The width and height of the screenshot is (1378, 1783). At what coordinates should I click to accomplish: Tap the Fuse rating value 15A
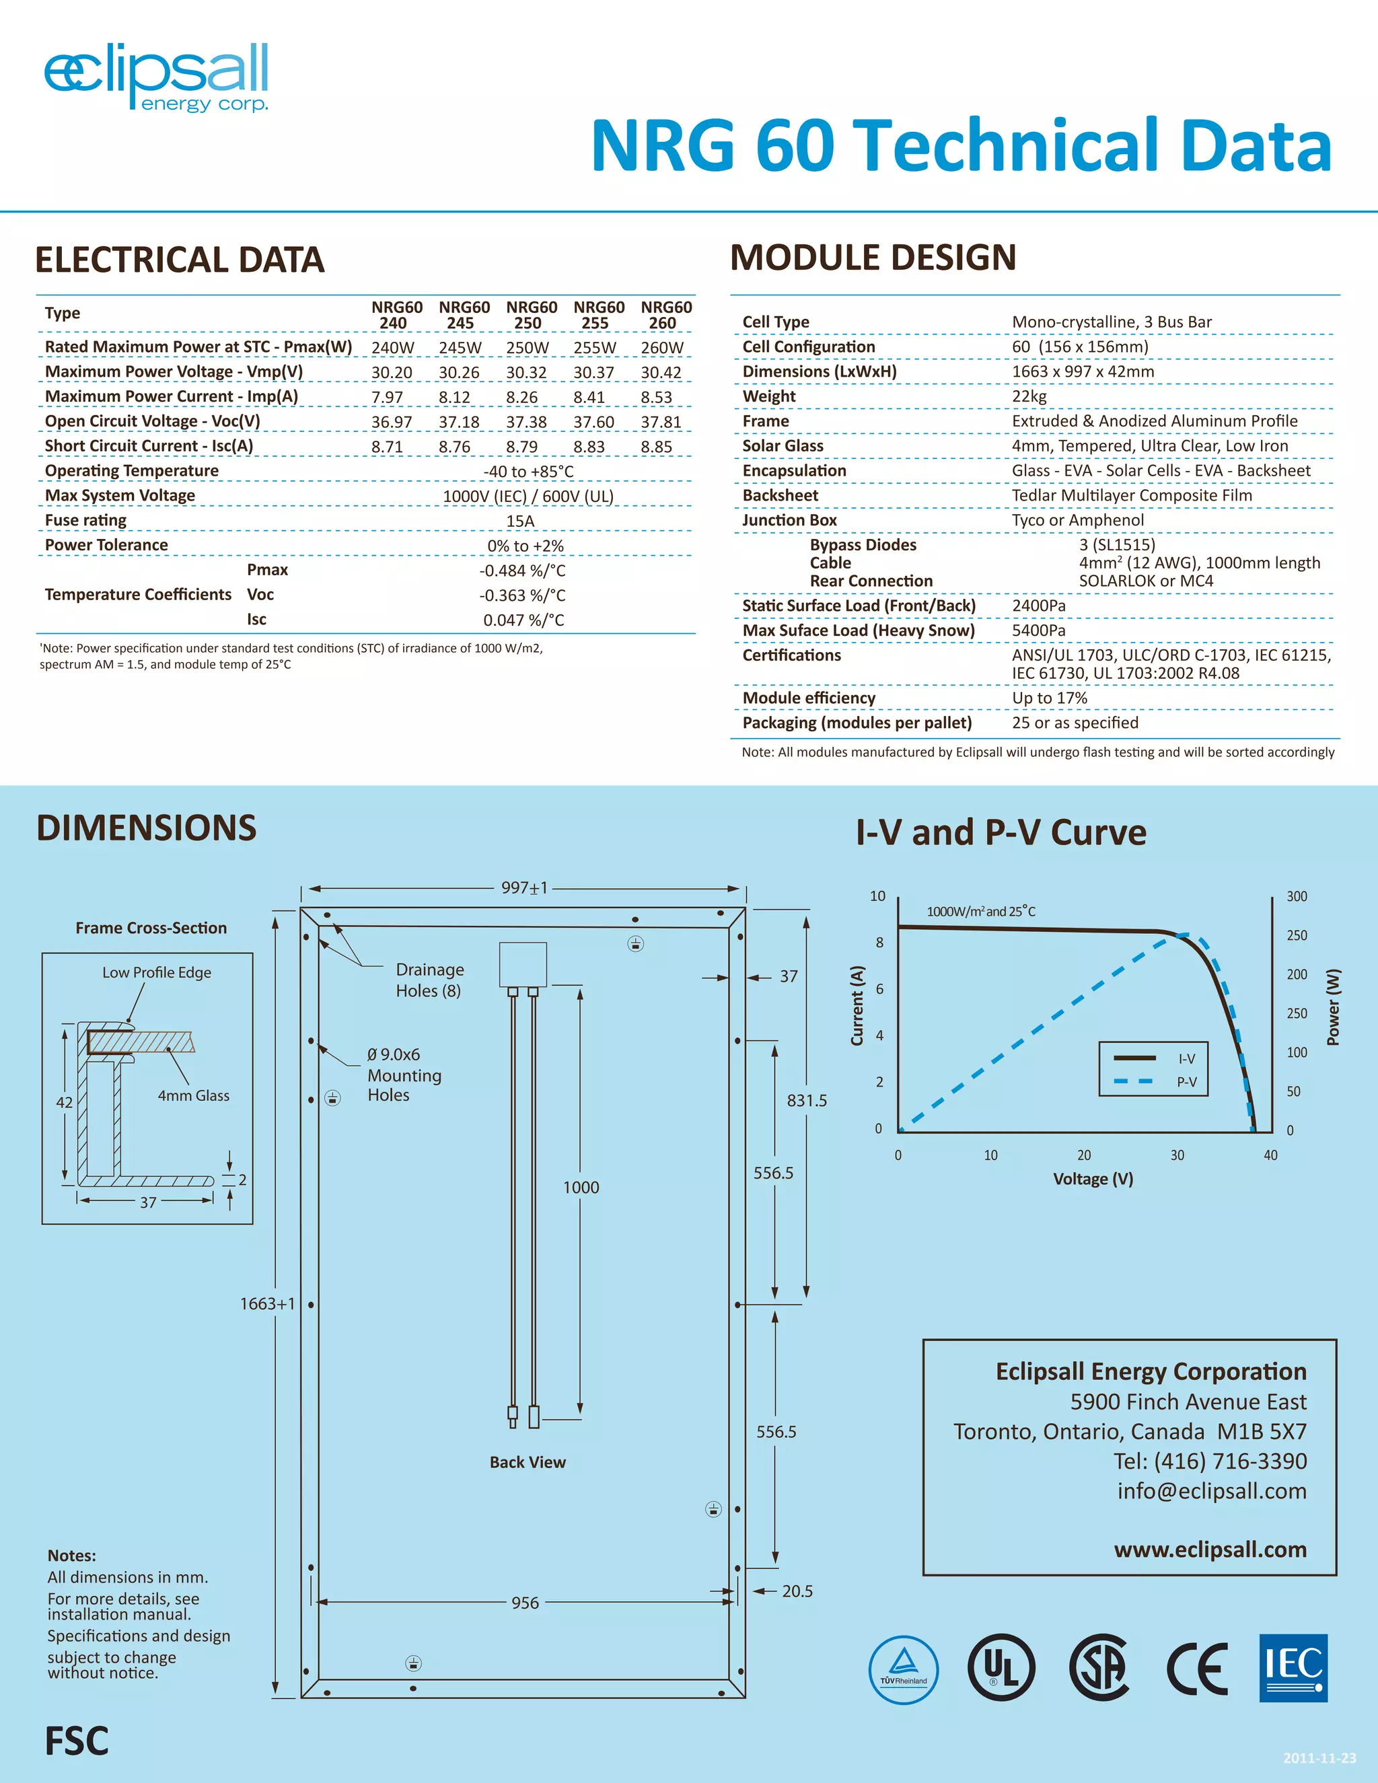520,521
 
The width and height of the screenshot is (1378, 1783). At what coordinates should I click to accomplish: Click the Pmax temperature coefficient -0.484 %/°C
522,571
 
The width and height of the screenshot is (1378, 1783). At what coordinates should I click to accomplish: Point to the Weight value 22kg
1029,396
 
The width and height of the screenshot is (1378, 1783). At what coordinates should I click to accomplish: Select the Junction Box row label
789,520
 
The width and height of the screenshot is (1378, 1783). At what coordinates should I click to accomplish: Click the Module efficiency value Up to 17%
1049,698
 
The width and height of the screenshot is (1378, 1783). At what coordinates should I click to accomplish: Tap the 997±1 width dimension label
524,887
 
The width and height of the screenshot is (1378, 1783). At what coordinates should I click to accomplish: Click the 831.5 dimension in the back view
807,1101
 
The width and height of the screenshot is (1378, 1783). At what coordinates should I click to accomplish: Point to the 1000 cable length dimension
581,1187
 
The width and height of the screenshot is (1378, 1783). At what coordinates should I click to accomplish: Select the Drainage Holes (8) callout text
429,980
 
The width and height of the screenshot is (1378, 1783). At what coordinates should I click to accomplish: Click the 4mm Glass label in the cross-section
194,1095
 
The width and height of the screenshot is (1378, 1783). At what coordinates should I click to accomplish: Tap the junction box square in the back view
522,965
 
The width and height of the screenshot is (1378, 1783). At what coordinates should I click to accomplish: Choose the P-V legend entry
1186,1082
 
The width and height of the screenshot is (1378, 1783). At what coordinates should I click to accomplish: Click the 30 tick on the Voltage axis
1177,1155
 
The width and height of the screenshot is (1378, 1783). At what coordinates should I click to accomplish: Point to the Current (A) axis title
857,1005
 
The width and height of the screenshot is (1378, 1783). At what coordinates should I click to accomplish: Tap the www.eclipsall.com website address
1210,1550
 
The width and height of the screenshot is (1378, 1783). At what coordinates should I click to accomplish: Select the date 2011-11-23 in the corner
1319,1757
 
